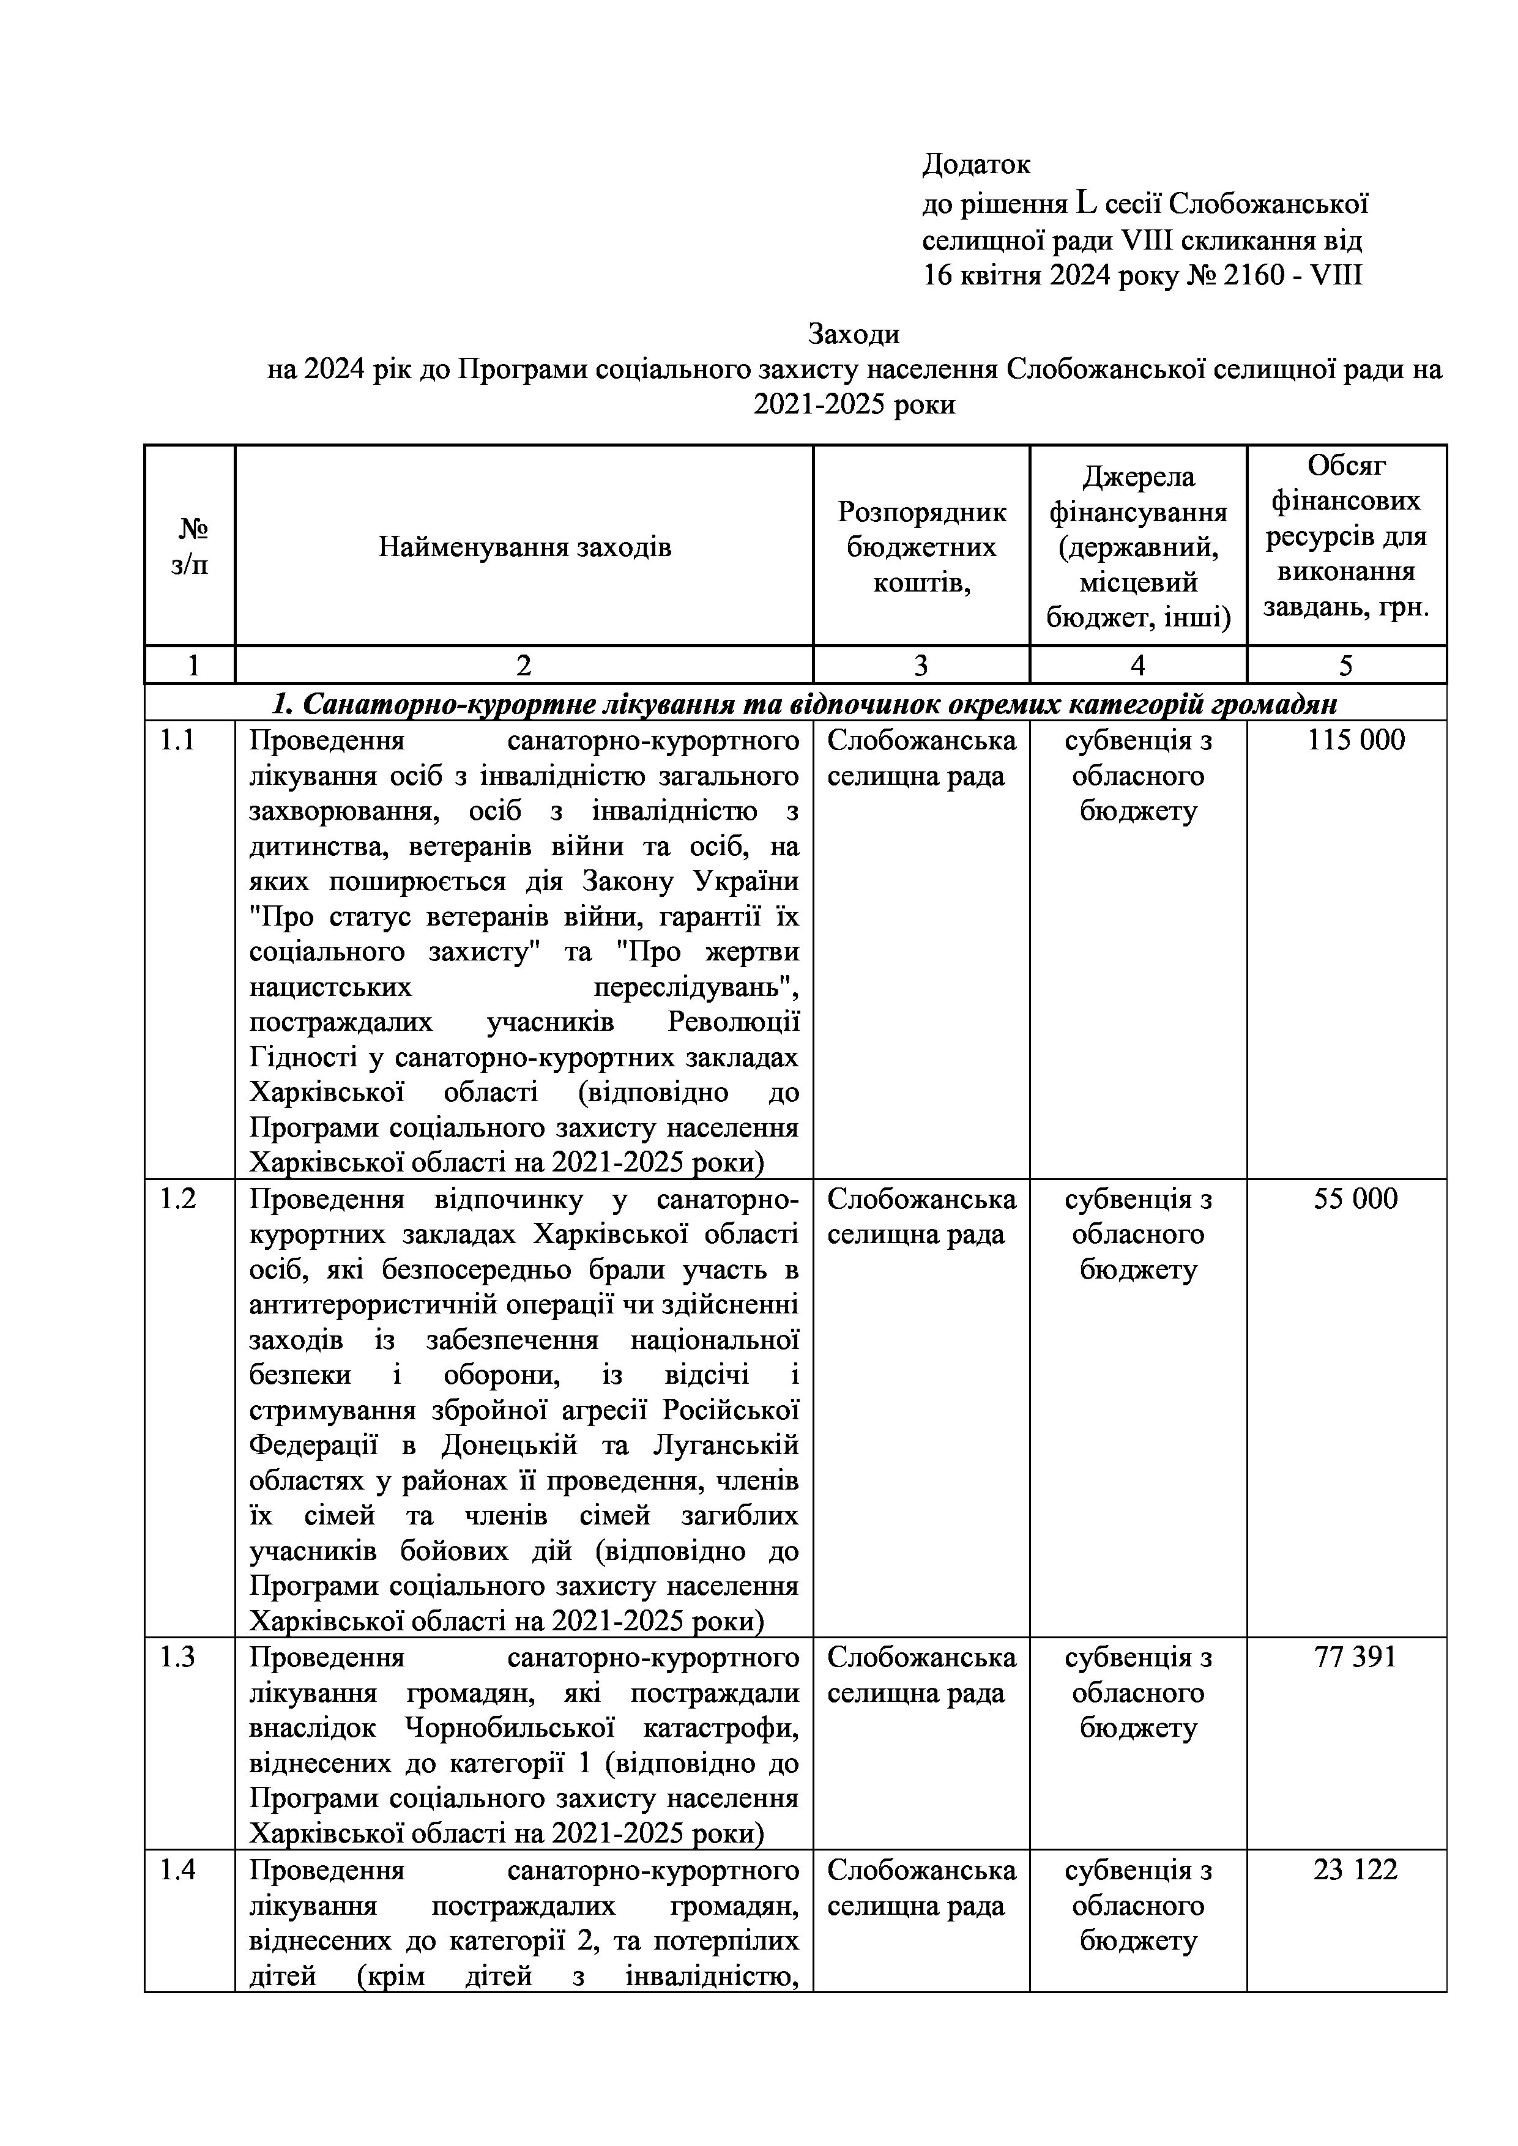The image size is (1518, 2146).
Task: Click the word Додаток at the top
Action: tap(976, 165)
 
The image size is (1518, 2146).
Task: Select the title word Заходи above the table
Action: tap(854, 333)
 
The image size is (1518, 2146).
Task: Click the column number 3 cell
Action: tap(921, 666)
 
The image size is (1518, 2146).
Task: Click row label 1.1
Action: tap(177, 740)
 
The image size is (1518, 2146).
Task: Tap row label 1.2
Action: tap(177, 1199)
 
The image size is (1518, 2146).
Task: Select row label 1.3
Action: tap(177, 1657)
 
